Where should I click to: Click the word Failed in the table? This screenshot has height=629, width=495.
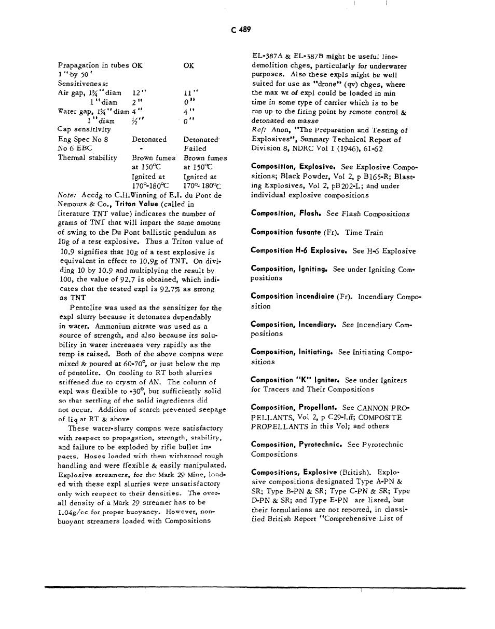tap(195, 148)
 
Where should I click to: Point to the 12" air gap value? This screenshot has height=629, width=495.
tap(137, 93)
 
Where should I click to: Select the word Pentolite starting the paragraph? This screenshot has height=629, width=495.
tap(85, 308)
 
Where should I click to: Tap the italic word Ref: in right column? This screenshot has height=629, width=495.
tap(257, 130)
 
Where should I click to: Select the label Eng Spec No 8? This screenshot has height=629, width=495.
tap(82, 139)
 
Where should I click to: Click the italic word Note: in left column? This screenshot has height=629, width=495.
tap(67, 195)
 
